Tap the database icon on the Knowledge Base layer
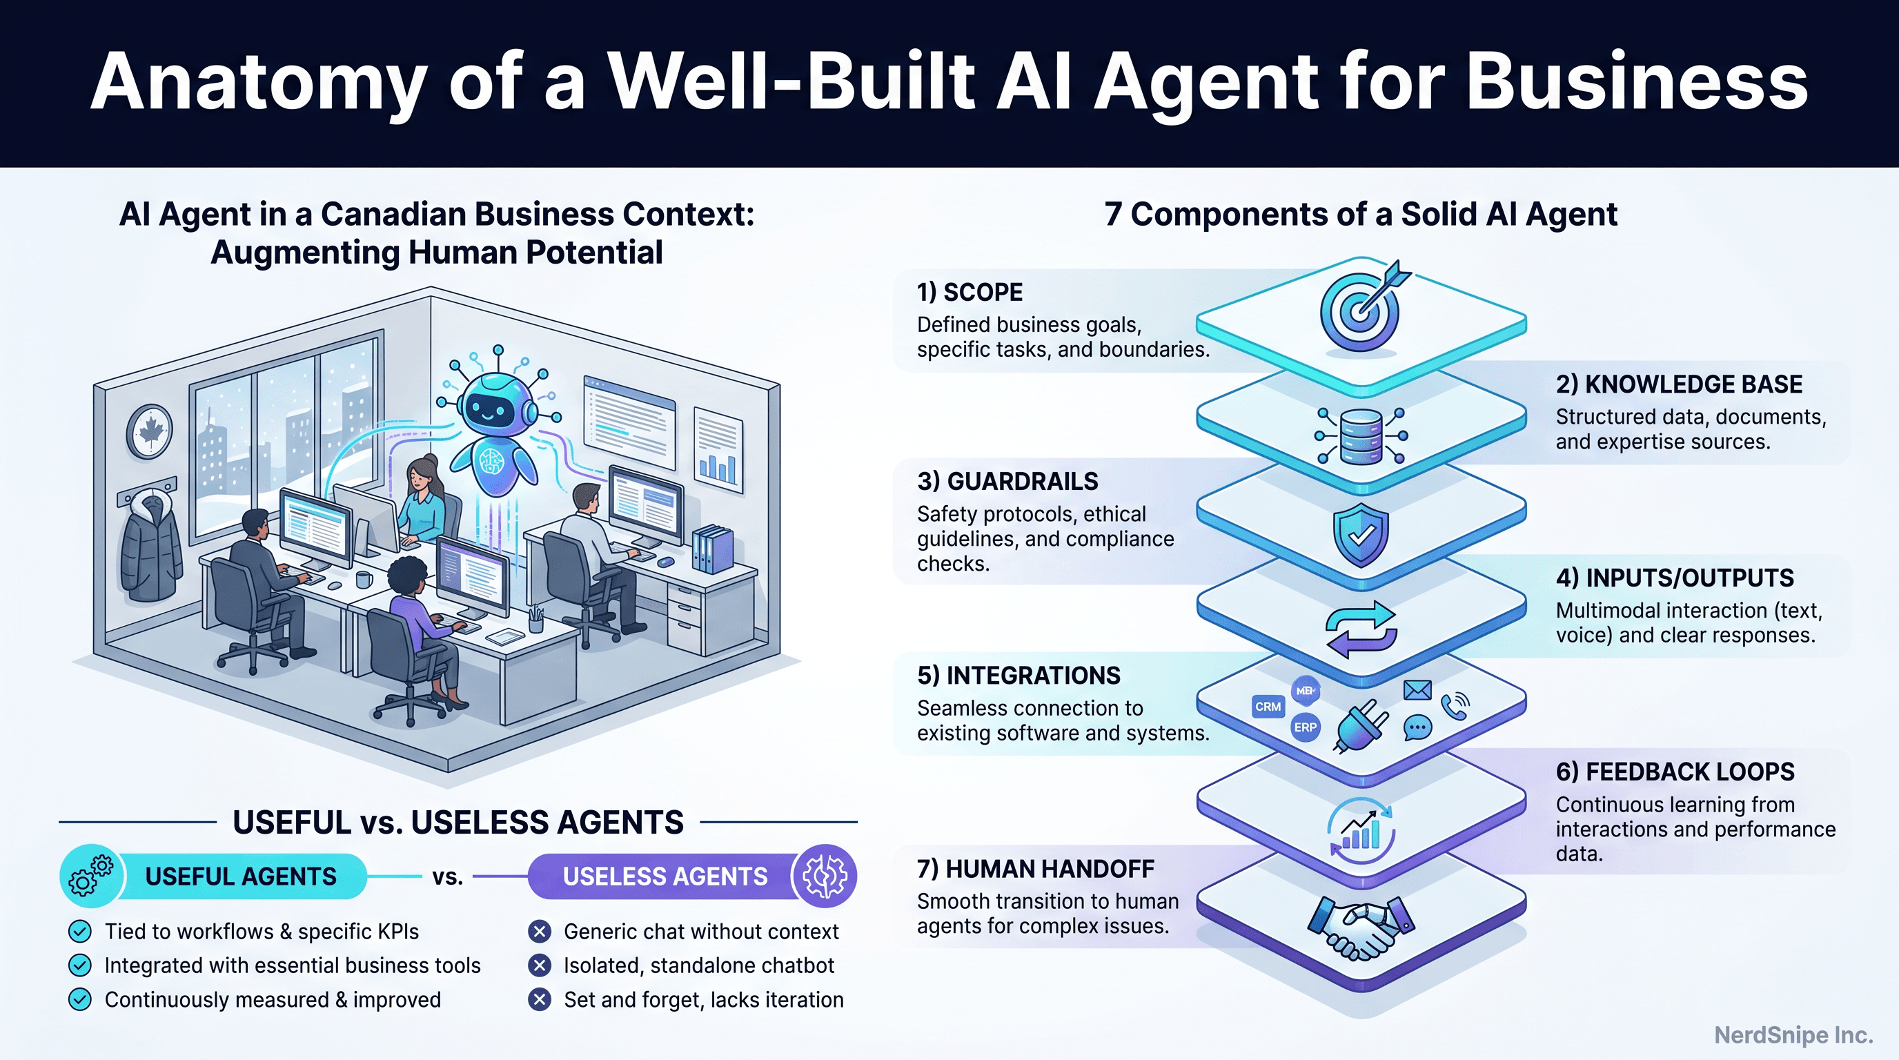[x=1360, y=435]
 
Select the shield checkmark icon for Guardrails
[x=1361, y=535]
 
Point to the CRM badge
[x=1268, y=707]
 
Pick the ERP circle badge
[x=1305, y=727]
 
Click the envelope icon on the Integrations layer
[x=1417, y=690]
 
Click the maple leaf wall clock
[x=150, y=431]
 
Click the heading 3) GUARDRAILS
[x=1007, y=482]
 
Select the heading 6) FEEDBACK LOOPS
[x=1675, y=772]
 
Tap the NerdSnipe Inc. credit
[x=1793, y=1035]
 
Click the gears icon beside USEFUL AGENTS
[x=90, y=876]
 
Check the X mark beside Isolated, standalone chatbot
[x=540, y=965]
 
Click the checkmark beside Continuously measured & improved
[x=79, y=999]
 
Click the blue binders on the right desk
[x=712, y=549]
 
